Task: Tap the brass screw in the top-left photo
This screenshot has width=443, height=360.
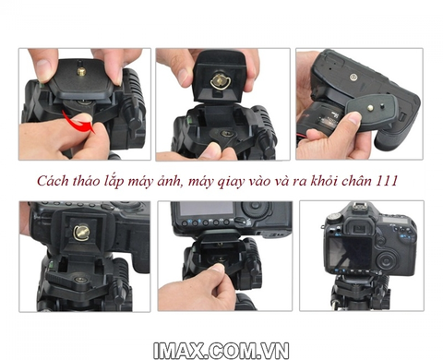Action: point(81,71)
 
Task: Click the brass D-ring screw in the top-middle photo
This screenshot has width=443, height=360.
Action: point(220,82)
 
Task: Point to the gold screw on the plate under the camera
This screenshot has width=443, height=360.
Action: point(371,108)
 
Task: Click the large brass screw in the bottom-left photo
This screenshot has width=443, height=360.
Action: point(81,232)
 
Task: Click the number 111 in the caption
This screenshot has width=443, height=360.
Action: point(387,181)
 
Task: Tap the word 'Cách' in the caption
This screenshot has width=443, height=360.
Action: point(53,181)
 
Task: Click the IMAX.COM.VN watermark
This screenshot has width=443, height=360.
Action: point(221,351)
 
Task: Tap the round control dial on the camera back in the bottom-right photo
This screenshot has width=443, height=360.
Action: point(386,259)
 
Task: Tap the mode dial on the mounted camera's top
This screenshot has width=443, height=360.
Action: point(333,218)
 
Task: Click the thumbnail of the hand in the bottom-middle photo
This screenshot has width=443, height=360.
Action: point(217,268)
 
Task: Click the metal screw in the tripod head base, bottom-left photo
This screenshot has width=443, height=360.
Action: point(81,280)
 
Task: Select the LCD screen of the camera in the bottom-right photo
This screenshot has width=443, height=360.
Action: point(350,252)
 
